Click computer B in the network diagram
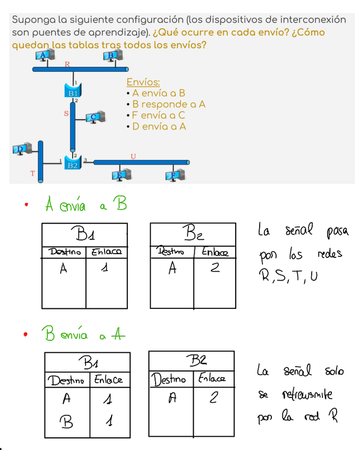coord(113,56)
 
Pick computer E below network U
coord(121,175)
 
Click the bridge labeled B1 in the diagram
coord(73,92)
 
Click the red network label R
coord(67,64)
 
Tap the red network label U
coord(133,156)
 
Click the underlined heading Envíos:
coord(143,83)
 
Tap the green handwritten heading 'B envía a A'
coord(85,335)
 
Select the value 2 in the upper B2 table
coord(215,269)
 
